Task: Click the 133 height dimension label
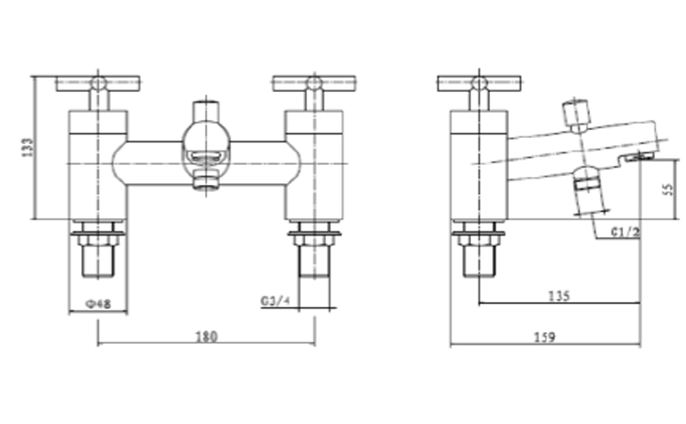point(27,147)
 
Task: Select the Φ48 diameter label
point(98,304)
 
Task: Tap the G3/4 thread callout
point(275,300)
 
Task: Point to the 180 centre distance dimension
point(206,336)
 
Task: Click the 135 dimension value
point(559,297)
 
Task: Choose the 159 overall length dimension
point(545,337)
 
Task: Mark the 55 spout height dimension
point(669,189)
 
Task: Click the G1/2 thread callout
point(626,232)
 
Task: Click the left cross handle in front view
point(98,84)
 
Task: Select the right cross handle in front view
point(314,84)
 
